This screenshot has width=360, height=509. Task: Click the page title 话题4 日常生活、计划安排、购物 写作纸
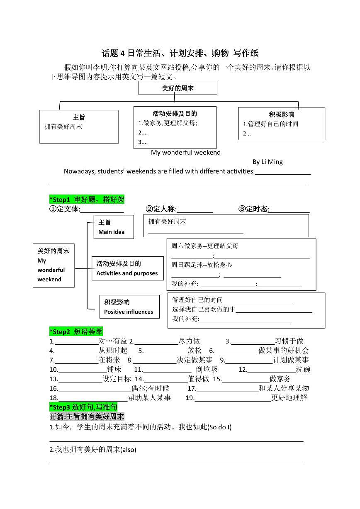(180, 53)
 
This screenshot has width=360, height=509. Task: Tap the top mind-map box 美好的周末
(178, 88)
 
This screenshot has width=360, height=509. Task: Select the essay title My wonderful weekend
(185, 152)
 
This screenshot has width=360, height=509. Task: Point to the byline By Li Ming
(268, 162)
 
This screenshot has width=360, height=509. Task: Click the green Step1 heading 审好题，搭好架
(87, 200)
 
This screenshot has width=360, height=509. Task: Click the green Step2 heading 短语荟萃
(76, 331)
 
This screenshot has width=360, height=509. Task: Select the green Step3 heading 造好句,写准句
(83, 407)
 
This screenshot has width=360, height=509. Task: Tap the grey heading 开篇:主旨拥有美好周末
(87, 416)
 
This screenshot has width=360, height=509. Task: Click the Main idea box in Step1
(113, 227)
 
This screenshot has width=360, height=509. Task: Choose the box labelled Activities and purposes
(127, 268)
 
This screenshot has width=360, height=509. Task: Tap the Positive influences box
(129, 307)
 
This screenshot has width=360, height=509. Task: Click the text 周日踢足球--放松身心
(202, 265)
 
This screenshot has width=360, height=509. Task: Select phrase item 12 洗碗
(303, 369)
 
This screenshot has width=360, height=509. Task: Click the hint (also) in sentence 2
(128, 449)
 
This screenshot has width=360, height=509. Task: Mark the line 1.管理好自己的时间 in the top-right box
(270, 124)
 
